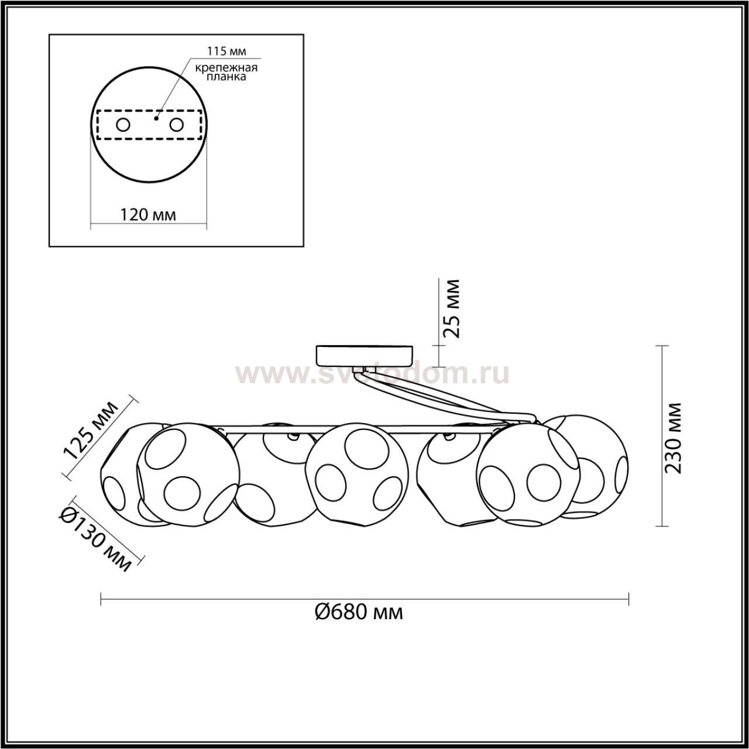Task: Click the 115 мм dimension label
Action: point(226,51)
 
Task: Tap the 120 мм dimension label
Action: point(148,215)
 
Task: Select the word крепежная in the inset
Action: point(226,68)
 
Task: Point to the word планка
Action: point(226,77)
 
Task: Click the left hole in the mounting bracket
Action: point(123,125)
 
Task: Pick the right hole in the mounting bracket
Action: point(176,125)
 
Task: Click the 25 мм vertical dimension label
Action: point(452,309)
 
